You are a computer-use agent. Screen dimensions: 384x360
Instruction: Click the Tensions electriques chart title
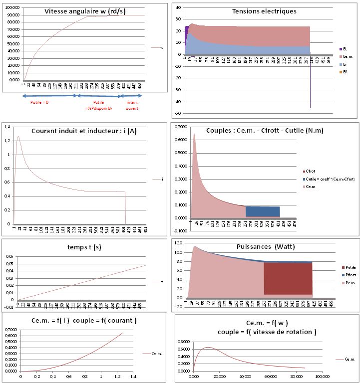[264, 11]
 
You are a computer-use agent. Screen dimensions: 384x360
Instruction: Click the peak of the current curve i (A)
[18, 136]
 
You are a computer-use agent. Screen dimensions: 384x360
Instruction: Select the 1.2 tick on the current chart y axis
[6, 141]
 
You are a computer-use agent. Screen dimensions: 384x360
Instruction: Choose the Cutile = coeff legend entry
[330, 179]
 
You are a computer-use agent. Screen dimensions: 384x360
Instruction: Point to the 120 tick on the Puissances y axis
[179, 245]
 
